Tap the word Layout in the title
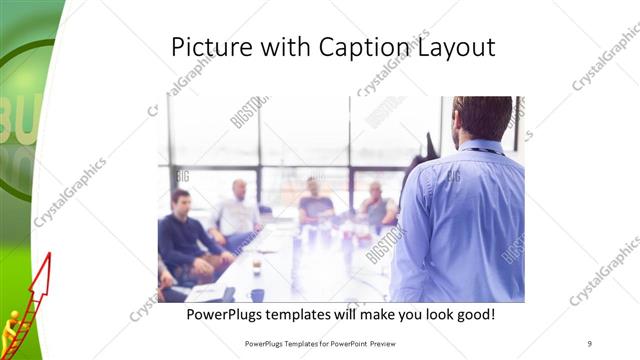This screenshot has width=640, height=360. pos(456,47)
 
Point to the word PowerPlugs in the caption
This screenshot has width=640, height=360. pos(228,315)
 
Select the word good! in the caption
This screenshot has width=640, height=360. pos(473,315)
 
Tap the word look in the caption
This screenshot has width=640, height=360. pos(431,315)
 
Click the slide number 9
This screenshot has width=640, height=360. pos(589,342)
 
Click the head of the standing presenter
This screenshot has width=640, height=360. pos(481,118)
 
